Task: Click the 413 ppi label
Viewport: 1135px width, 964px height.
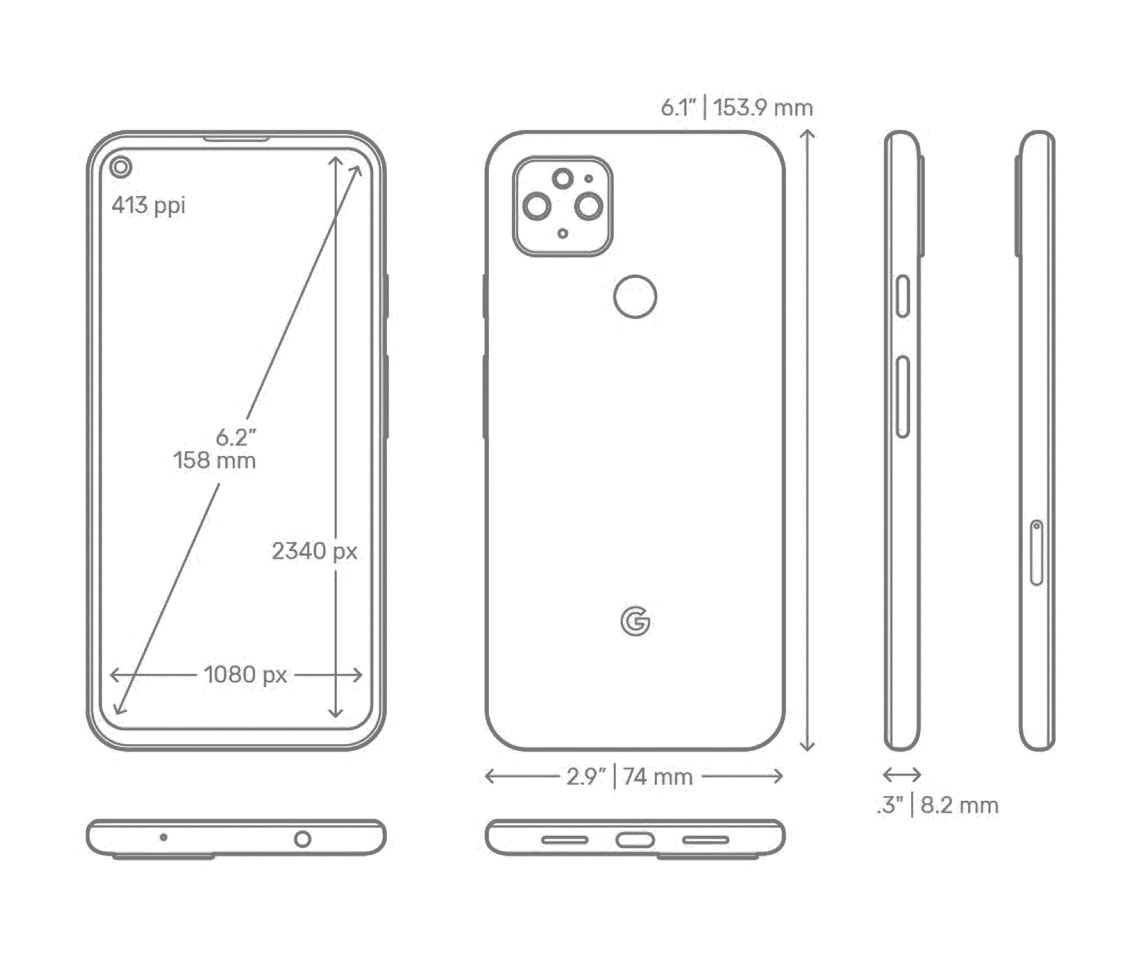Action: coord(148,205)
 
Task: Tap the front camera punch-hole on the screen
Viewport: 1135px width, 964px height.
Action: coord(120,166)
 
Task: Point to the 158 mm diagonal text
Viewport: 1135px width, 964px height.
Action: coord(214,460)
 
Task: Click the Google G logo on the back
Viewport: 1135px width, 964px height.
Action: coord(635,622)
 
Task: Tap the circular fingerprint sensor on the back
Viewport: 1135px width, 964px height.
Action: coord(635,296)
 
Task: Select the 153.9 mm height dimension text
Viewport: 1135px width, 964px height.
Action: coord(762,107)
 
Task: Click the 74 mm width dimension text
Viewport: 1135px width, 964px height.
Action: coord(657,777)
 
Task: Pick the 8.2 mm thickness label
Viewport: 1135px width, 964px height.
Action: coord(959,805)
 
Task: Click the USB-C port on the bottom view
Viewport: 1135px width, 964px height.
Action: coord(635,840)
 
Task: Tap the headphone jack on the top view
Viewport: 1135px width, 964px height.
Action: coord(302,839)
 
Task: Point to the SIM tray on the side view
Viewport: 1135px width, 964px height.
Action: coord(1036,552)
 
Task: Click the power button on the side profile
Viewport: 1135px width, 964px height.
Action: coord(903,296)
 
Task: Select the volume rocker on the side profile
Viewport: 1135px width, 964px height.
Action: coord(903,397)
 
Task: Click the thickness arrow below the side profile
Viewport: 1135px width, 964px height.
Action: coord(902,774)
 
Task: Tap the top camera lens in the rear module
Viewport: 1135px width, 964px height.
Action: coord(562,178)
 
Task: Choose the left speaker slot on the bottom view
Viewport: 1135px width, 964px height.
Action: coord(564,840)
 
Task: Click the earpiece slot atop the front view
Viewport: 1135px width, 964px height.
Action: coord(236,139)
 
